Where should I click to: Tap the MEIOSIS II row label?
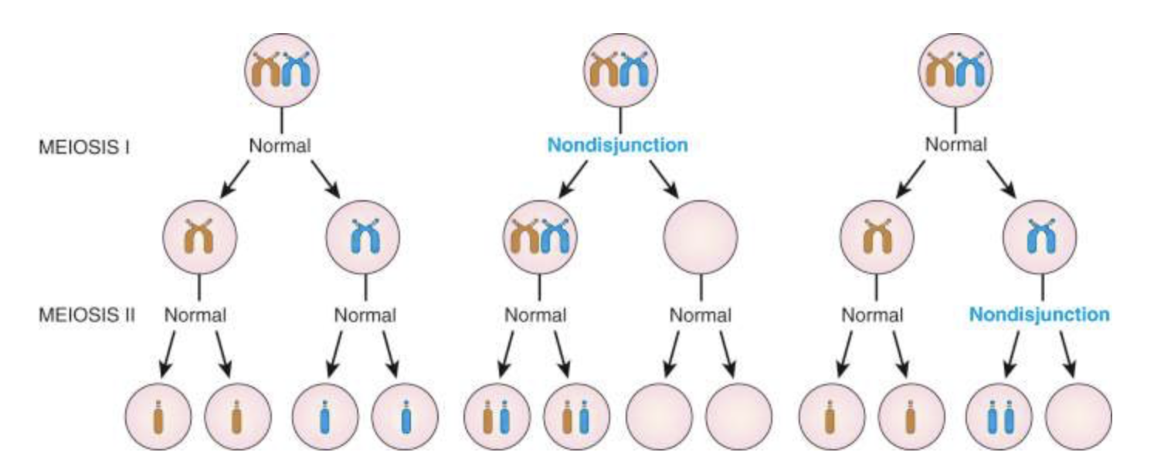pos(87,315)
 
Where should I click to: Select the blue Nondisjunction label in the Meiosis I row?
pos(617,145)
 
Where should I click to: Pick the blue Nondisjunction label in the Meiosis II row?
pos(1039,315)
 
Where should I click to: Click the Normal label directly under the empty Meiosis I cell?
pos(701,315)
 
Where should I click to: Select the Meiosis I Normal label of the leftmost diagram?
pos(280,145)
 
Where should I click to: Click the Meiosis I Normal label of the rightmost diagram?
pos(955,145)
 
